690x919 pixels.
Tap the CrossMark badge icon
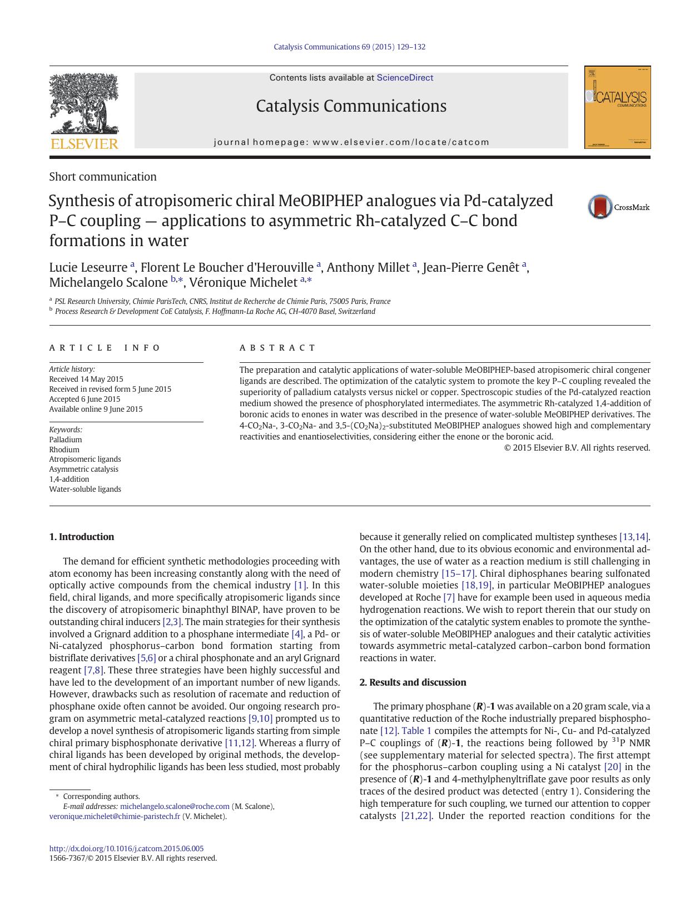[600, 207]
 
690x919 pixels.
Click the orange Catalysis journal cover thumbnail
[617, 107]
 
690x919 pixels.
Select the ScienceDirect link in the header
[404, 78]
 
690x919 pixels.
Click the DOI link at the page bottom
[126, 848]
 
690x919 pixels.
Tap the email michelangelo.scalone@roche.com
[175, 806]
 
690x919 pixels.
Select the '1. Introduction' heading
[81, 537]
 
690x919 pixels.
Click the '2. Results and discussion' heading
[413, 682]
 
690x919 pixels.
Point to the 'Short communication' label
[102, 177]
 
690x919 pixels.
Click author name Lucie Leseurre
[88, 267]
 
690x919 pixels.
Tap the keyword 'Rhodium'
[64, 449]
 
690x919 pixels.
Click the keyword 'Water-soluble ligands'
[85, 489]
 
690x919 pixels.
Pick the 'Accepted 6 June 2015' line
[85, 399]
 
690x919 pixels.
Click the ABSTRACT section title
[277, 348]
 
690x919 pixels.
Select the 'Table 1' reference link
[416, 731]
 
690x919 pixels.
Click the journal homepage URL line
[351, 142]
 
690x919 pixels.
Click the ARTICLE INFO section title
[105, 348]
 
